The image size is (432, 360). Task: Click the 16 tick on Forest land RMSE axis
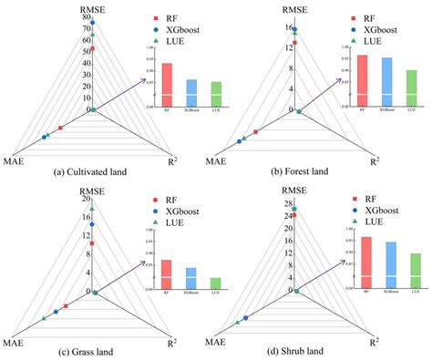click(289, 28)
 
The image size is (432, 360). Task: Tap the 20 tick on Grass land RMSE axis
click(85, 200)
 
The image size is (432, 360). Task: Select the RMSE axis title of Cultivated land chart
click(92, 6)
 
